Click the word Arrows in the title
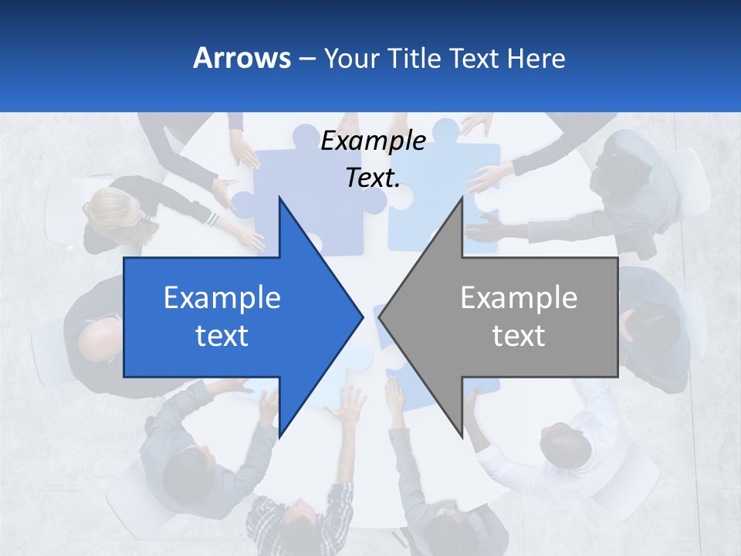point(242,58)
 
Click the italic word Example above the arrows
point(373,141)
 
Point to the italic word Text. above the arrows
point(373,178)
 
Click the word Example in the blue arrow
point(222,298)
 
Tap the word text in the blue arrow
point(222,336)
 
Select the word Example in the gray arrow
point(519,298)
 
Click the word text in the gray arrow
point(519,336)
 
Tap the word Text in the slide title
point(474,58)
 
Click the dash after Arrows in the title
point(306,59)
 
